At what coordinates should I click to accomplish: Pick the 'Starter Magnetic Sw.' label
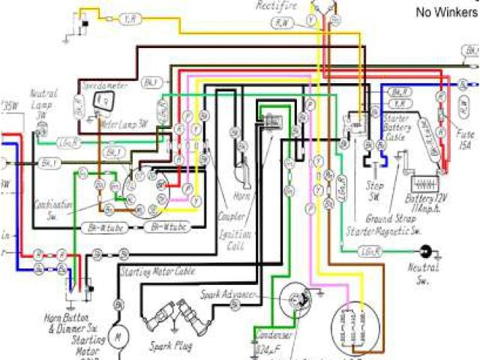pos(383,232)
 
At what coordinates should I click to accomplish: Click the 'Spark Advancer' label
pos(229,295)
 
